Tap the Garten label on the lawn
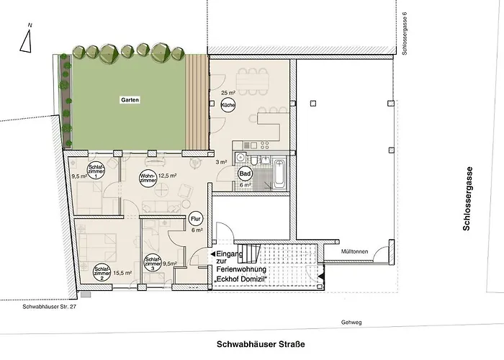click(x=130, y=100)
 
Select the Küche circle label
click(x=228, y=106)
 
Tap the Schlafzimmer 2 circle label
click(x=102, y=272)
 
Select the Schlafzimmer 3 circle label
click(x=153, y=264)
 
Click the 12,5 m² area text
click(x=168, y=176)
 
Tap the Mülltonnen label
click(x=356, y=251)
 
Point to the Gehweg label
click(x=351, y=323)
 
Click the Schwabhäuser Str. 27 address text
click(x=48, y=307)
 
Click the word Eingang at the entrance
click(x=230, y=254)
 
